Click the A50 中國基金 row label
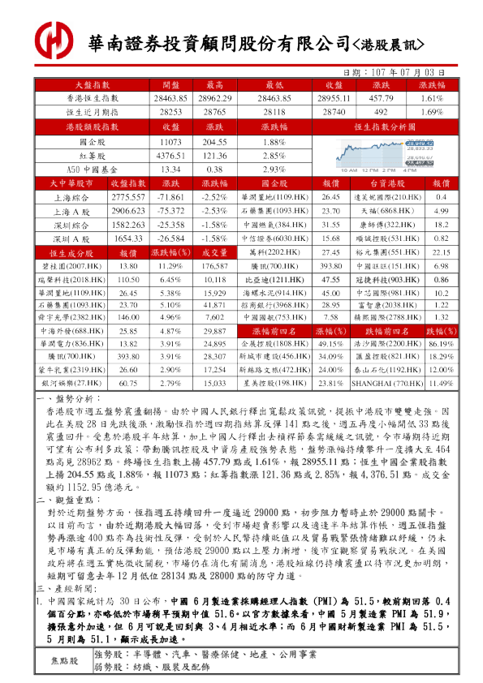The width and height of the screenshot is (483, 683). coord(92,170)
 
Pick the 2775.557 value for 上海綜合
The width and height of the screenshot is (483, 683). coord(127,198)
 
